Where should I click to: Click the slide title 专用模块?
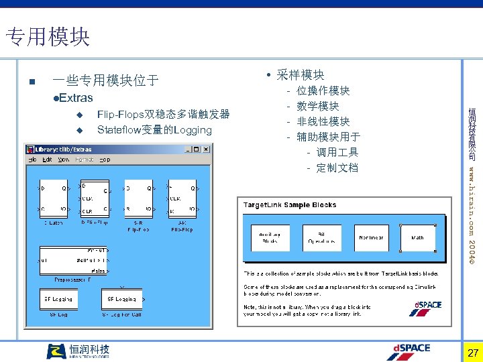coord(47,36)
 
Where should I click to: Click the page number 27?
coord(472,353)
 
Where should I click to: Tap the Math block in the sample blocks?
coord(417,237)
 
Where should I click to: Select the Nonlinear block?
coord(371,237)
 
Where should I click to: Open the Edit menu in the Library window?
coord(48,160)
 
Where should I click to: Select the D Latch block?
coord(52,198)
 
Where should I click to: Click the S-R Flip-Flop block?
coord(139,198)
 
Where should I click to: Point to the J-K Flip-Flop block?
coord(181,198)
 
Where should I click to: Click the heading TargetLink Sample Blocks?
coord(290,205)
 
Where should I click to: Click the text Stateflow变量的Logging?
coord(154,129)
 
